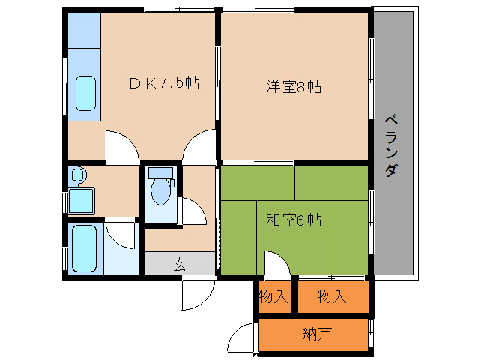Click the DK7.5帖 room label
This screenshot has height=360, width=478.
pos(165,83)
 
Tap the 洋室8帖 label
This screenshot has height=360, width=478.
pos(294,86)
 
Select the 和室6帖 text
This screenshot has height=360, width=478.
pos(294,220)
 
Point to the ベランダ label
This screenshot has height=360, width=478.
pos(391,145)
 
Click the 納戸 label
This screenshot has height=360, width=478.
pos(318,334)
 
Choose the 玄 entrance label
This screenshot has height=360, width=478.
pos(179,265)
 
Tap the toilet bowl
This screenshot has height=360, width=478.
pos(160,191)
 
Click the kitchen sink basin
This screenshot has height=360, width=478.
pos(85,93)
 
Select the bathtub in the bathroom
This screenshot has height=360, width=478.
pos(84,248)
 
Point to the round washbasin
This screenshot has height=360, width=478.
pos(79,175)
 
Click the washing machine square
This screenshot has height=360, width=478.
pos(81,201)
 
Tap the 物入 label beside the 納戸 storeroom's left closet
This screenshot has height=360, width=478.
pos(273,296)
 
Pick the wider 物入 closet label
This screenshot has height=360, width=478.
pos(332,296)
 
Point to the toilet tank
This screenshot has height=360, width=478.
pos(160,172)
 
